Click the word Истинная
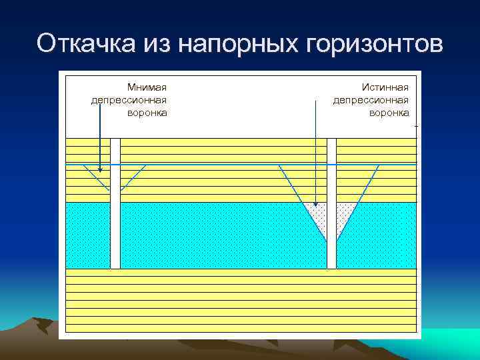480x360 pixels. click(x=385, y=87)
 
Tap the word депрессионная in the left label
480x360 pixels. click(x=129, y=99)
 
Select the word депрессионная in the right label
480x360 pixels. click(x=371, y=99)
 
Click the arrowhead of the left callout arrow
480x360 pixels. click(x=99, y=170)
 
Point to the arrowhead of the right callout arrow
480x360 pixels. click(x=315, y=201)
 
